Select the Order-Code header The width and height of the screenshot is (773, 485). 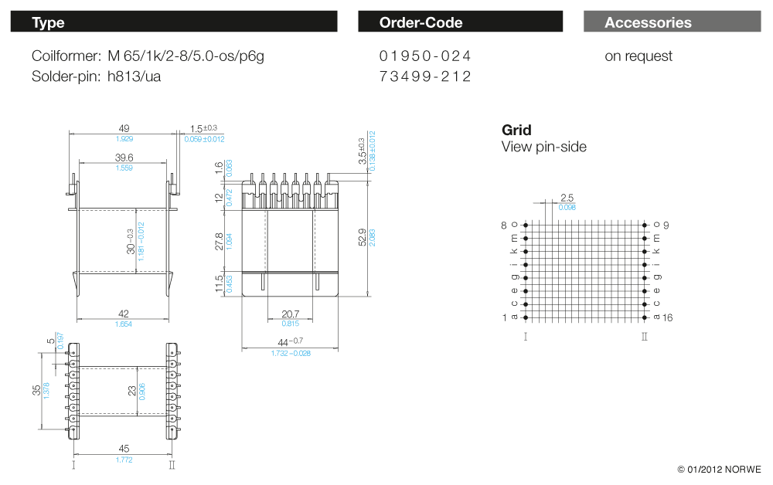click(x=460, y=22)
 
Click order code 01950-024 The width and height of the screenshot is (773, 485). click(x=425, y=56)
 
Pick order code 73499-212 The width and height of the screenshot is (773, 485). click(x=425, y=76)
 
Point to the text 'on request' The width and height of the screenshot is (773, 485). click(x=638, y=56)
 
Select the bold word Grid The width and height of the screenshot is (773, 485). click(x=516, y=130)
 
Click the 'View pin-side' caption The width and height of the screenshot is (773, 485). click(x=544, y=147)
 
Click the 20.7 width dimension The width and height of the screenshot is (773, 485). click(x=291, y=314)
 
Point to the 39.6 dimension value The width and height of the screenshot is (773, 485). click(x=124, y=157)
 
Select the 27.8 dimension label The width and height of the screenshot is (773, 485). click(x=220, y=242)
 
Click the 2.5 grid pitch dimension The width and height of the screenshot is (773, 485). click(x=567, y=198)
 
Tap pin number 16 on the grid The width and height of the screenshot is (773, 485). click(x=669, y=317)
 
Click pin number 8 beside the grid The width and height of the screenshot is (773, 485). click(x=504, y=225)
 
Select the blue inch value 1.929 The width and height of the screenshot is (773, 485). click(x=124, y=138)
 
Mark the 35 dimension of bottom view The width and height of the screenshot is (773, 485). click(x=36, y=390)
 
